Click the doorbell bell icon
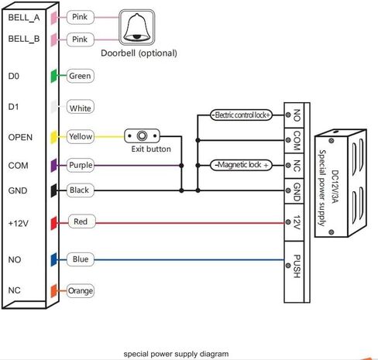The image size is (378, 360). pos(137,28)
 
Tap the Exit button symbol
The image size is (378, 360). pos(142,135)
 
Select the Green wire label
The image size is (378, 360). pos(80,76)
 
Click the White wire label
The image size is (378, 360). pos(80,108)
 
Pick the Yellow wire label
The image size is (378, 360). pos(81,136)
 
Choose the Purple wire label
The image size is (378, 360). pos(81,165)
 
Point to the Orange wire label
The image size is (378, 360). pos(81,291)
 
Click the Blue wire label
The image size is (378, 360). pos(81,259)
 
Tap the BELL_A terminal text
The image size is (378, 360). pos(24,18)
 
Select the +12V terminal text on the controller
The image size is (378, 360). pos(18,223)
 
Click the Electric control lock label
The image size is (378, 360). pos(241,115)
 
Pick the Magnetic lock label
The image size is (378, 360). pos(241,165)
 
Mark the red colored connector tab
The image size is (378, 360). pos(53,223)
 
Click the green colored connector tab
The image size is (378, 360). pos(53,76)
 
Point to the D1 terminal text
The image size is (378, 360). pos(13,107)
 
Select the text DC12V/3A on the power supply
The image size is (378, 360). pos(335,187)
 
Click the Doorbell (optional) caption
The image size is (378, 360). pos(139,53)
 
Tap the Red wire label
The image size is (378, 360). pos(81,221)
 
